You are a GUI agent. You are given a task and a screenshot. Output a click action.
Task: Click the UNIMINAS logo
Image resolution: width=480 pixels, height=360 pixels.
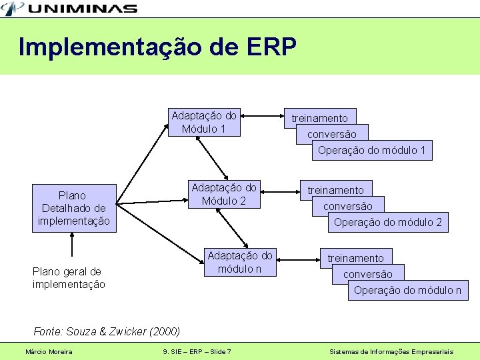coord(70,8)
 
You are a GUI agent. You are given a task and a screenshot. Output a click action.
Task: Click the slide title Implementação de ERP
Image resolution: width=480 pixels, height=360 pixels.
coord(157,47)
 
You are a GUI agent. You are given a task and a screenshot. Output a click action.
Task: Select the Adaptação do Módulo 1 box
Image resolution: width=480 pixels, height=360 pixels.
coord(203,122)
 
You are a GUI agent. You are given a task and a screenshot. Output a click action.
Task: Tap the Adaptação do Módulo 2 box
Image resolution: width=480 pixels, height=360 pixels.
coord(223,194)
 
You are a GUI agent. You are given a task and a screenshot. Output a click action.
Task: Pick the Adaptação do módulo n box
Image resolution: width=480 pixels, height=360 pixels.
coord(239,262)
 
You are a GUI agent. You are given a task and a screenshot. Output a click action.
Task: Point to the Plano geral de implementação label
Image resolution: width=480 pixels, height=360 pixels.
coord(69,278)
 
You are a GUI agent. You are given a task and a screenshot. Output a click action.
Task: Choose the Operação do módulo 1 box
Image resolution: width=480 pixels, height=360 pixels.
coord(371,150)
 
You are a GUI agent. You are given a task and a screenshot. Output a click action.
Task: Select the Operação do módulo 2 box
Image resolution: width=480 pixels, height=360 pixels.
coord(387,222)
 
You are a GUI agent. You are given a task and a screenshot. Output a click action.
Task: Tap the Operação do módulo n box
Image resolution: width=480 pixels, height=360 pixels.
coord(407,290)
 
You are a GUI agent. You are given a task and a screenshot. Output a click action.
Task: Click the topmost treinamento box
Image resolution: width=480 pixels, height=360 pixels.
coord(319,117)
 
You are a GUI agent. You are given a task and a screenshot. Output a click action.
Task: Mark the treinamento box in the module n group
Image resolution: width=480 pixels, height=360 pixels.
coord(355,257)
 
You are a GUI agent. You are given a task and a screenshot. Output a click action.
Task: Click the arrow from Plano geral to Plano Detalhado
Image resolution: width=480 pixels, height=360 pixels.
coord(72,245)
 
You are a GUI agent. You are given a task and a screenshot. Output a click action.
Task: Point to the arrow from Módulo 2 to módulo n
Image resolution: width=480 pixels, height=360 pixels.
coord(236,231)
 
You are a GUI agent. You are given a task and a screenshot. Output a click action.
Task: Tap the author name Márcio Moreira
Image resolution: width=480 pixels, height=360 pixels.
coord(49,351)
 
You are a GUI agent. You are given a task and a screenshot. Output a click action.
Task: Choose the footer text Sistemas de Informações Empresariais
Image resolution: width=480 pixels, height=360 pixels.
coord(391,351)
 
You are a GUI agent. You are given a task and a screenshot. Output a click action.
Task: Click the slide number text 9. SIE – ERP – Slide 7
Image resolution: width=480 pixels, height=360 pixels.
coord(197,351)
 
